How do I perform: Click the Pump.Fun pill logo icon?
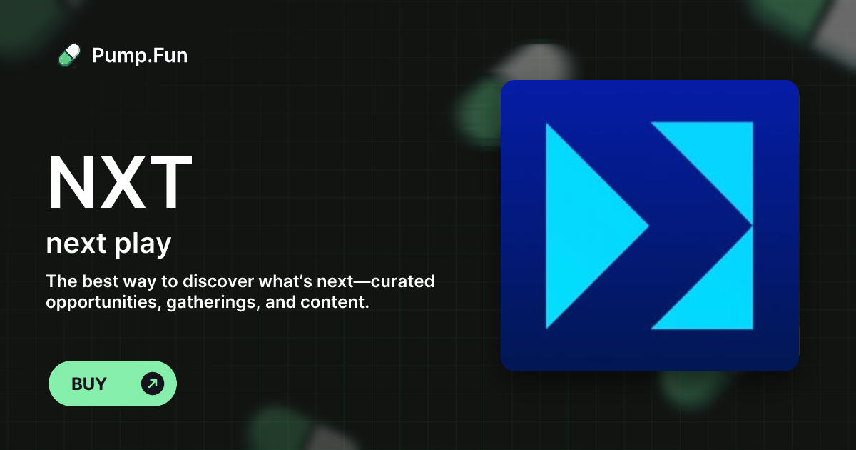[x=69, y=55]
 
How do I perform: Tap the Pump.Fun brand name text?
[x=140, y=55]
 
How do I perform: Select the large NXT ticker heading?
[x=119, y=183]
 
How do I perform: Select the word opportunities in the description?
[x=103, y=302]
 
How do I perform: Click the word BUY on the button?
[x=89, y=384]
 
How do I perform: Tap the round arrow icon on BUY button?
[x=153, y=384]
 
